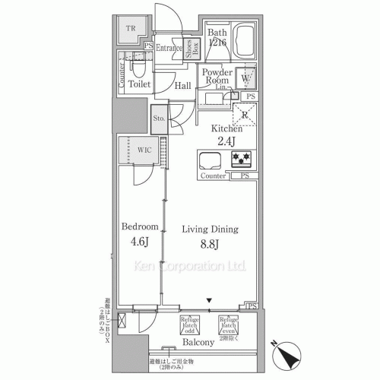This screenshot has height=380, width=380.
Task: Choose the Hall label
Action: [182, 86]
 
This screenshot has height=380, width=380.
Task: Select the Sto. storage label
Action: [160, 119]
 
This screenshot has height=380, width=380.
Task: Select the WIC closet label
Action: [145, 150]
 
